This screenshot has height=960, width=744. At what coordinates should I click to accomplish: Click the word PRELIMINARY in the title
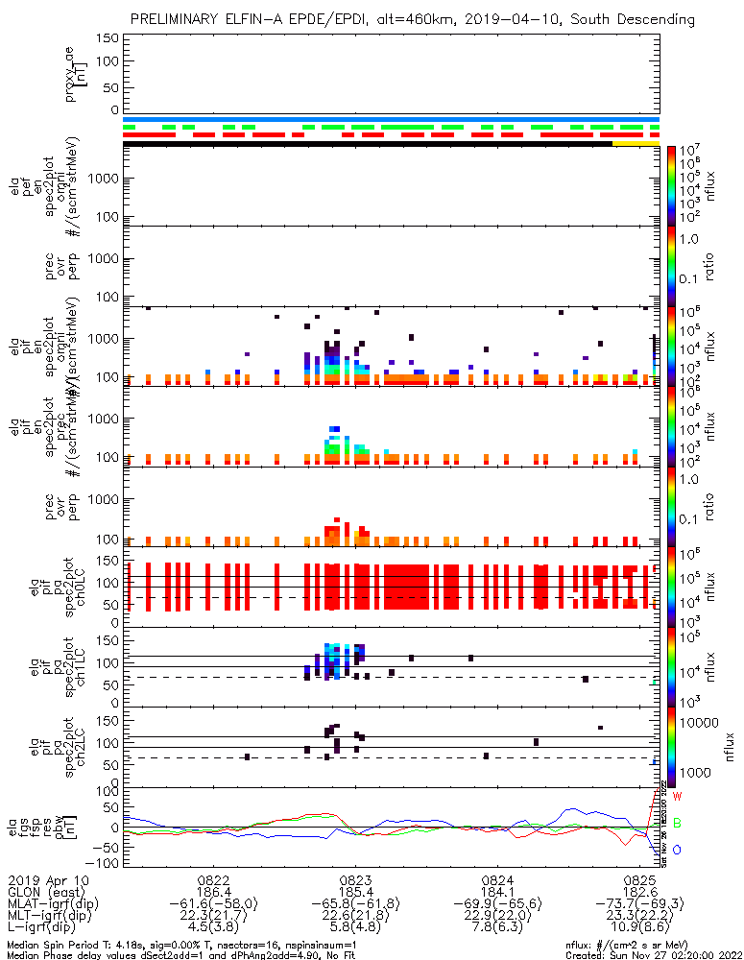175,19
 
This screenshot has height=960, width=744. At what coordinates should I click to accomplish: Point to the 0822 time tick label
213,879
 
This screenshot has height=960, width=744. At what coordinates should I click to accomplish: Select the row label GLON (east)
44,892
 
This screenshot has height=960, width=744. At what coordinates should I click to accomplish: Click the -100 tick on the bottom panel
107,863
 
